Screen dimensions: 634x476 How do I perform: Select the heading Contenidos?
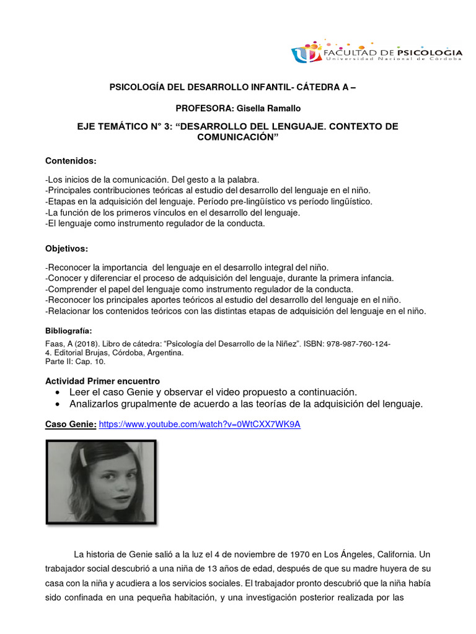[71, 161]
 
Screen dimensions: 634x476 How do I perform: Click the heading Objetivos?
[67, 248]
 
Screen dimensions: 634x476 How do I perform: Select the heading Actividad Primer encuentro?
[103, 380]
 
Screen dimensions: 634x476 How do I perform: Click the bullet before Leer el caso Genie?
[58, 393]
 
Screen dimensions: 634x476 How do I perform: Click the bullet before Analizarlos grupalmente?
[58, 404]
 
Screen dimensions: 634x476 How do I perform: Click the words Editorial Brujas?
[81, 352]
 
